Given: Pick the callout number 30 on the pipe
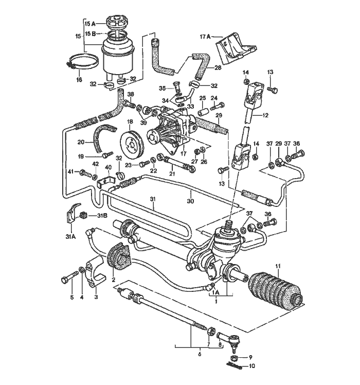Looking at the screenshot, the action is [x=190, y=201].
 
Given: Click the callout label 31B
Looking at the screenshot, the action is [x=102, y=216].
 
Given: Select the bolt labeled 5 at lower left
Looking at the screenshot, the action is [x=69, y=277].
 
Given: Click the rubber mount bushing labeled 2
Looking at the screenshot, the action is [x=119, y=256].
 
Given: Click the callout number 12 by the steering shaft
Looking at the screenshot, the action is [x=265, y=115].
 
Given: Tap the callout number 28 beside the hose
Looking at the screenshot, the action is [x=218, y=67].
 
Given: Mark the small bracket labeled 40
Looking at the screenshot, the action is [x=106, y=182].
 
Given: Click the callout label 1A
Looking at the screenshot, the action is [x=215, y=293].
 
